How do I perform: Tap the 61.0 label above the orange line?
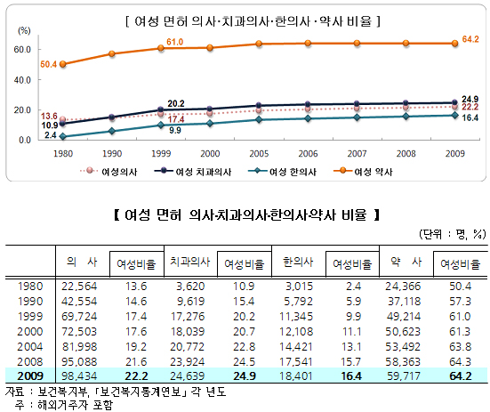(x=175, y=42)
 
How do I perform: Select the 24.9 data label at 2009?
(x=470, y=98)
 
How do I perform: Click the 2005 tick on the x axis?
(x=253, y=152)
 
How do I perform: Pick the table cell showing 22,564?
(x=81, y=285)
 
